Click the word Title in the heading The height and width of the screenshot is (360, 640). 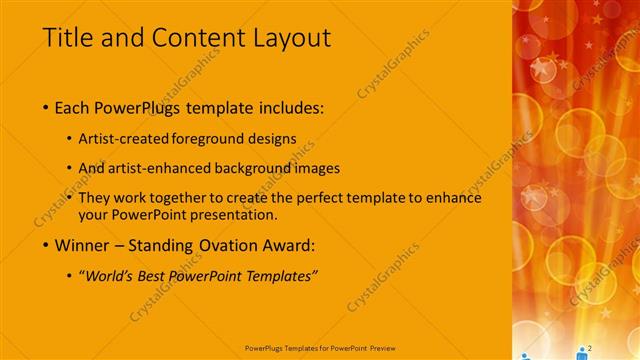coord(72,38)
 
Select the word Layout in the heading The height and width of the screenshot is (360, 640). coord(289,38)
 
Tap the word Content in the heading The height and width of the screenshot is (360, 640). coord(196,38)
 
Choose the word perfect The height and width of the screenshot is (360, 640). coord(303,198)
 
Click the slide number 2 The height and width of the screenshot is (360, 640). coord(591,347)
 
